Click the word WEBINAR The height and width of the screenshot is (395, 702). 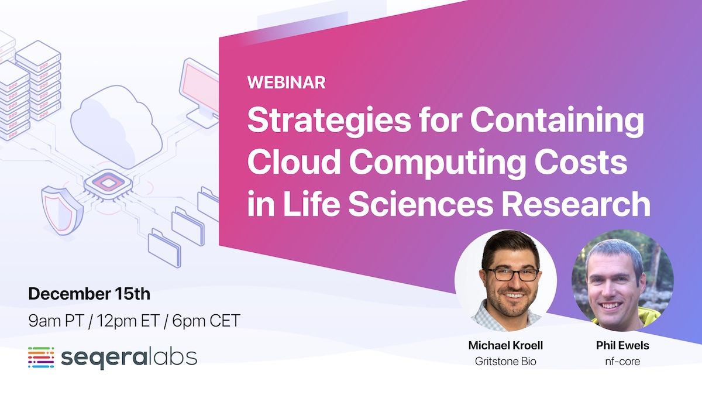286,82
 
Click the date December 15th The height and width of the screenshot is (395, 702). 89,294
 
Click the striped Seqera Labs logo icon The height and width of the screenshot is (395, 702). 41,358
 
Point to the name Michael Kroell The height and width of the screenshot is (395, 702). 505,345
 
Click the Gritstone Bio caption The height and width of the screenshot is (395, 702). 505,361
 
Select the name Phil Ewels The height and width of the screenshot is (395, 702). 622,345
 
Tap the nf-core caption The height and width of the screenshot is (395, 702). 622,361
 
